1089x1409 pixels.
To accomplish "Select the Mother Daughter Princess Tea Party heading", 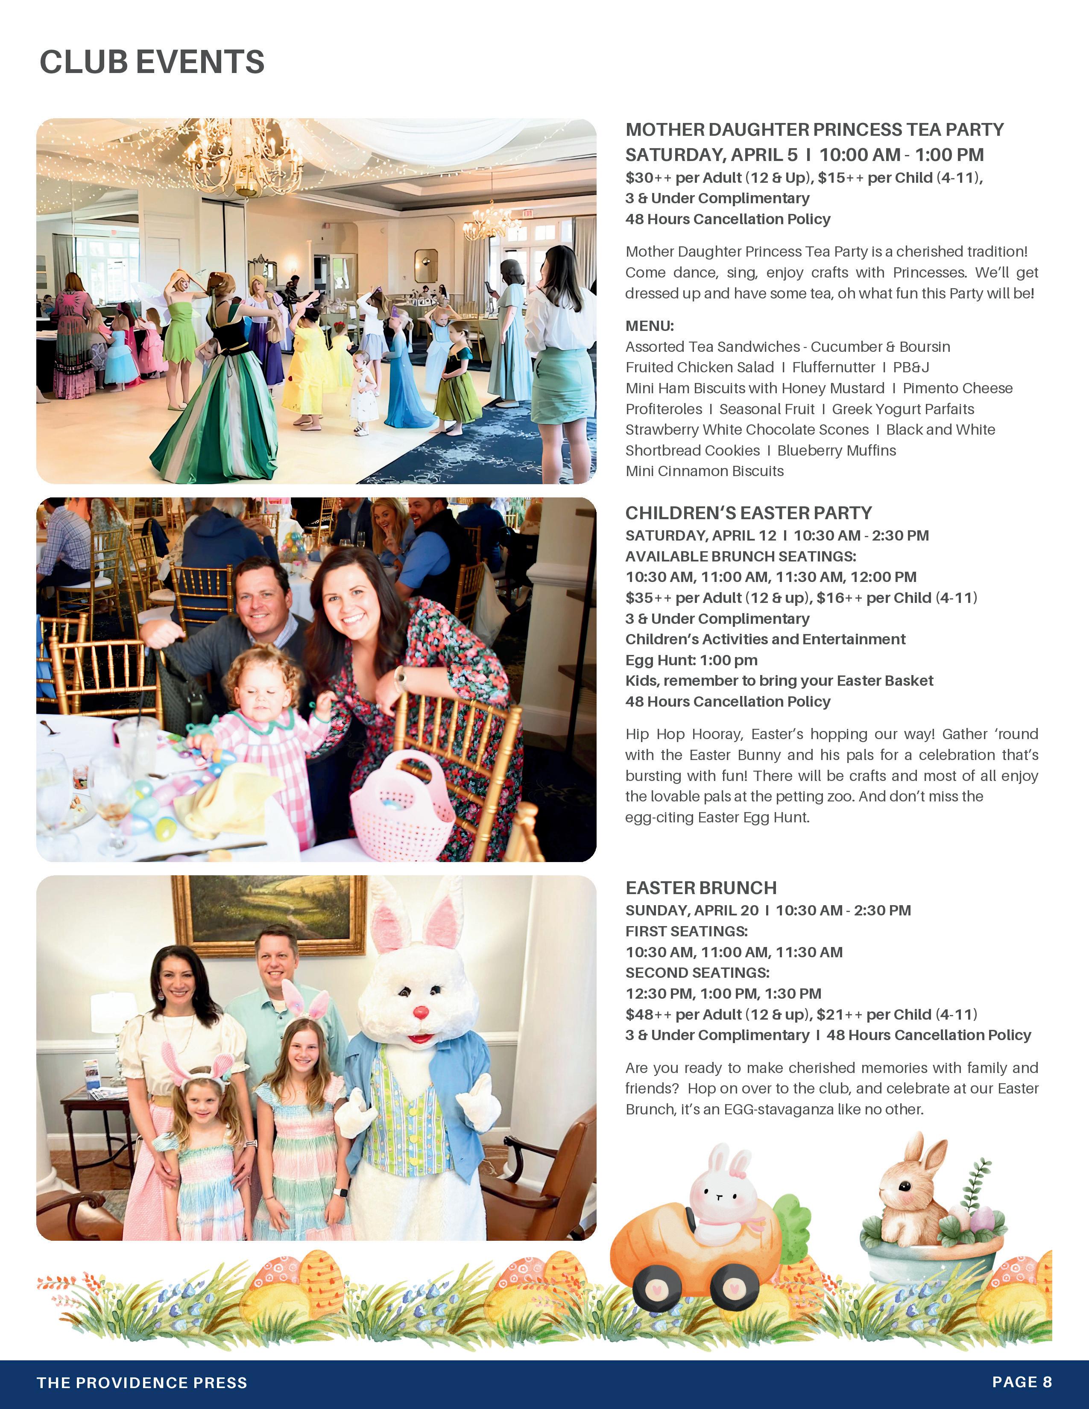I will click(x=814, y=130).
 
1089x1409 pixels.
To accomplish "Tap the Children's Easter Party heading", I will click(x=748, y=513).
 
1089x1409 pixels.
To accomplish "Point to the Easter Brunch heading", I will click(x=701, y=888).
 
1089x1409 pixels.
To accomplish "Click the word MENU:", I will click(x=649, y=326).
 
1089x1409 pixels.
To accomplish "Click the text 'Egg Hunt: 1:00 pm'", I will click(x=691, y=660).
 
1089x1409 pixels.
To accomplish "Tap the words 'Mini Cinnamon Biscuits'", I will click(x=705, y=471).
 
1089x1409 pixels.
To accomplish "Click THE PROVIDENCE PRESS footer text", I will click(x=142, y=1382).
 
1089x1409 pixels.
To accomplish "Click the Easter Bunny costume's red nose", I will click(x=421, y=1011).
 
